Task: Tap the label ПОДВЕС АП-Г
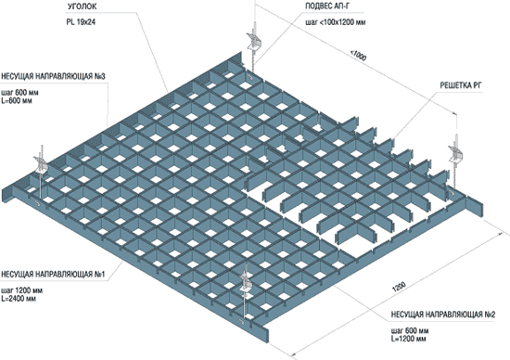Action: pyautogui.click(x=327, y=6)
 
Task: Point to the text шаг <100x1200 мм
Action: pyautogui.click(x=336, y=22)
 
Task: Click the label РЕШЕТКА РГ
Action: pyautogui.click(x=461, y=85)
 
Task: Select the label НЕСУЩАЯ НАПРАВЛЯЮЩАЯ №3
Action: pyautogui.click(x=53, y=76)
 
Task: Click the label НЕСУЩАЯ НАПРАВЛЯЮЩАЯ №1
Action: pyautogui.click(x=53, y=275)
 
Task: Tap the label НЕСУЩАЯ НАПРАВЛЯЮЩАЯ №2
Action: pyautogui.click(x=443, y=315)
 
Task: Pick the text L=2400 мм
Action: pyautogui.click(x=19, y=299)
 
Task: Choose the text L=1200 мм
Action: pyautogui.click(x=409, y=339)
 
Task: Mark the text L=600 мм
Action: pyautogui.click(x=17, y=100)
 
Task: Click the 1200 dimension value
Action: pyautogui.click(x=399, y=287)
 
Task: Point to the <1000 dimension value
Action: pyautogui.click(x=358, y=56)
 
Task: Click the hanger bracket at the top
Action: pyautogui.click(x=253, y=41)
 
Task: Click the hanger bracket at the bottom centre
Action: pyautogui.click(x=247, y=282)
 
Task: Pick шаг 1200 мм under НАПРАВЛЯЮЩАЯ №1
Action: pyautogui.click(x=22, y=290)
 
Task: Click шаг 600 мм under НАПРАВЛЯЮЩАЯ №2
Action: pyautogui.click(x=410, y=330)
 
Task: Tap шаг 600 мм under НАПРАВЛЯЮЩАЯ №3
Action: pyautogui.click(x=19, y=93)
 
